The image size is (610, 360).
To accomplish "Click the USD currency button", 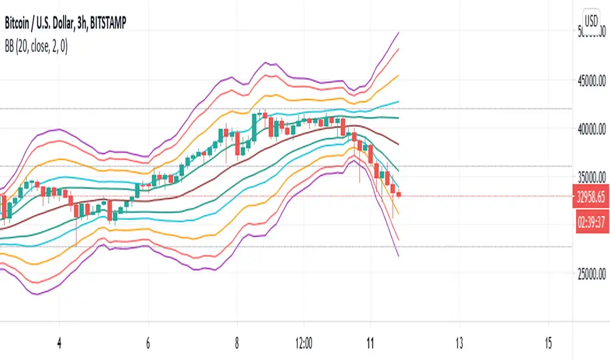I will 592,20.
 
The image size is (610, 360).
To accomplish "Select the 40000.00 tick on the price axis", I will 592,130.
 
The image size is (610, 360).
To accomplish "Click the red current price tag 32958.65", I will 592,196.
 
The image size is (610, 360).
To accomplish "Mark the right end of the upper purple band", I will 399,32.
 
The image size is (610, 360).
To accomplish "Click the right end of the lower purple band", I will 398,255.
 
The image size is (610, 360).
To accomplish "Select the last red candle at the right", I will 399,194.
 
